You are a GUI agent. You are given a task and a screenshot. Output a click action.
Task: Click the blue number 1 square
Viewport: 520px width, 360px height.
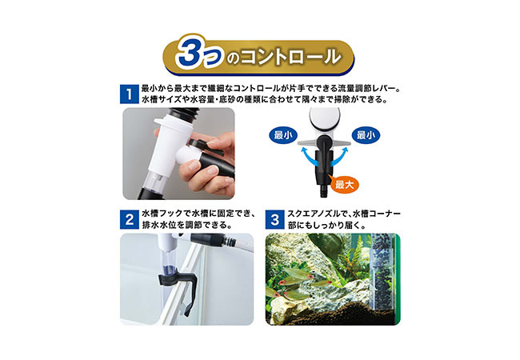click(x=130, y=94)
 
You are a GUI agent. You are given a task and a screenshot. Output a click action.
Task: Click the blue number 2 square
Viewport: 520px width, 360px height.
click(x=130, y=219)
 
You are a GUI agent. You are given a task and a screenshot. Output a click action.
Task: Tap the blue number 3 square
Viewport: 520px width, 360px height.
click(x=274, y=219)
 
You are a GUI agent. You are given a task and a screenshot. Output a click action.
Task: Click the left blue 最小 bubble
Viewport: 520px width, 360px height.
click(x=283, y=135)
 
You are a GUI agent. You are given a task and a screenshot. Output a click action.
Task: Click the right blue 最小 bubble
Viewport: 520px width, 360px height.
click(x=366, y=135)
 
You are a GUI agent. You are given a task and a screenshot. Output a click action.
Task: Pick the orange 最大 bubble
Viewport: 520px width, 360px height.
click(x=344, y=184)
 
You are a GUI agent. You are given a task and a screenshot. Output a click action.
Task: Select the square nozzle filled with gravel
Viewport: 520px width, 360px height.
click(x=382, y=272)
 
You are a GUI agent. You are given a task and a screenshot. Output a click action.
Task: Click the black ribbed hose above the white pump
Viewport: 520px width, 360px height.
click(x=183, y=114)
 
